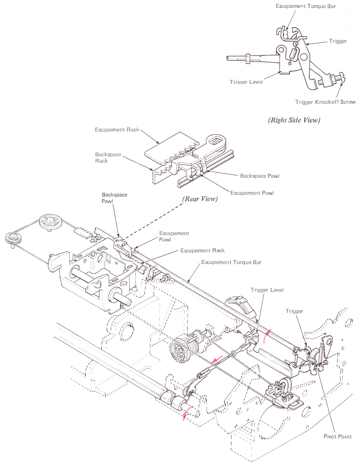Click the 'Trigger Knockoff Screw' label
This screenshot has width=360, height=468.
[x=325, y=102]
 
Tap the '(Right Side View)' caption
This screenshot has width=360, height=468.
[x=294, y=120]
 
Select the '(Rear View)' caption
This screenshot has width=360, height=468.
[x=200, y=199]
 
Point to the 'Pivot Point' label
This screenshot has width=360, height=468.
[x=337, y=436]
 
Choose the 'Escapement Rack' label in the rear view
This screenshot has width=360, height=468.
[x=117, y=129]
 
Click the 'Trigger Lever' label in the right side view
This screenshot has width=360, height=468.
[x=246, y=82]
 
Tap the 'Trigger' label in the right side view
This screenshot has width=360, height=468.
[x=337, y=41]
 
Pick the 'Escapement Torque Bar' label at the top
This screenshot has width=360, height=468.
[x=306, y=6]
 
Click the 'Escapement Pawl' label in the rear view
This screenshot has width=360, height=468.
[x=252, y=193]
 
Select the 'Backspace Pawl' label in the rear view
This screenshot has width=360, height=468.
[x=260, y=176]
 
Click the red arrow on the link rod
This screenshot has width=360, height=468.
[x=217, y=359]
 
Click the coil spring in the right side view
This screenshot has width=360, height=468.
[x=293, y=54]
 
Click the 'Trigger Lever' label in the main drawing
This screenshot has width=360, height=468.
[x=267, y=290]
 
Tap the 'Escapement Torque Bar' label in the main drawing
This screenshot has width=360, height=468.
[x=231, y=262]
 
